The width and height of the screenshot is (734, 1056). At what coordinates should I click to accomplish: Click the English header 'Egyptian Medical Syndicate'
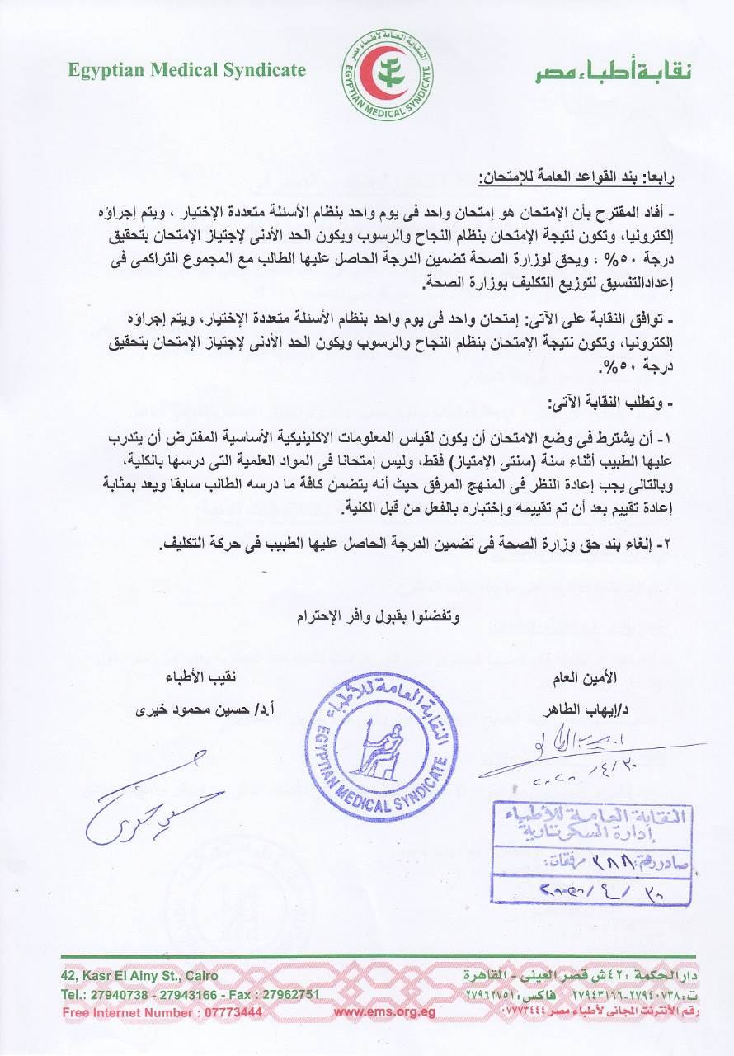coord(186,70)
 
